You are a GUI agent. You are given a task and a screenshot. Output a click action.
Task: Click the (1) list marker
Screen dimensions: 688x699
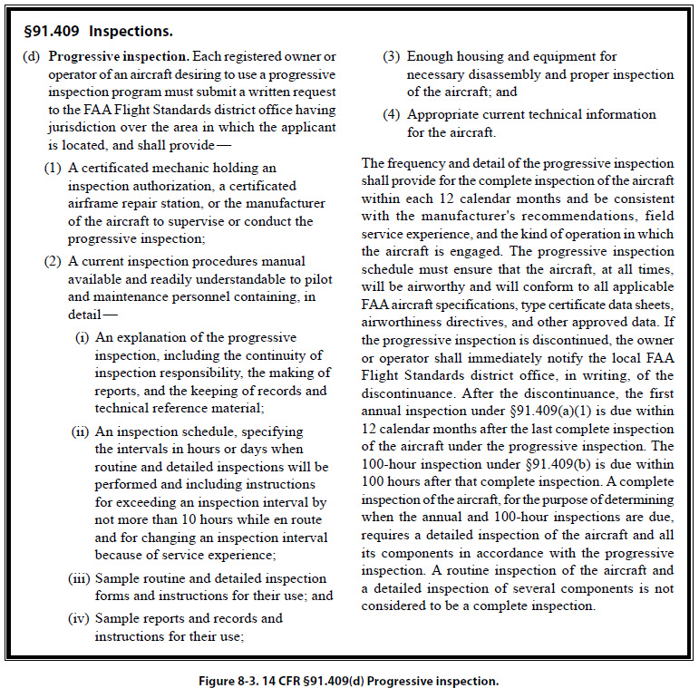click(53, 169)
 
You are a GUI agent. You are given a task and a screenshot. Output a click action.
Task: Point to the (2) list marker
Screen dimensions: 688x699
click(53, 262)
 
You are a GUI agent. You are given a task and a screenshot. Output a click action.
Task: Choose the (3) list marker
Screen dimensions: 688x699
click(391, 57)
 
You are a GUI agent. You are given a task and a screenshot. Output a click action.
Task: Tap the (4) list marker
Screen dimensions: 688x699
click(391, 115)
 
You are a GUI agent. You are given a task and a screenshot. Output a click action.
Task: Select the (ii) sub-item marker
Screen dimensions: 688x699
click(80, 432)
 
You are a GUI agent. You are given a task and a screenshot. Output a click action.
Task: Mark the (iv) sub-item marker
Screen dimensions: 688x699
click(79, 618)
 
